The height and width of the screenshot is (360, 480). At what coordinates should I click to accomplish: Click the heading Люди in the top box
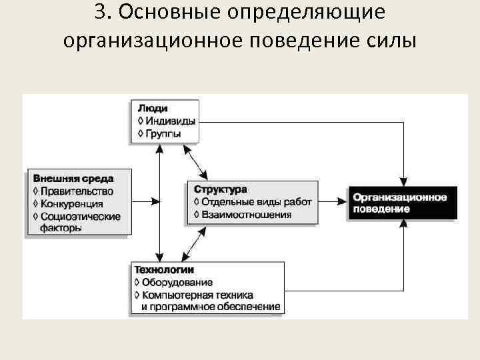(153, 107)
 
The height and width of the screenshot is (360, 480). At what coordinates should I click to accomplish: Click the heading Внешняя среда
(73, 178)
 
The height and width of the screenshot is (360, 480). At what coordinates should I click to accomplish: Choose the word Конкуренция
(71, 203)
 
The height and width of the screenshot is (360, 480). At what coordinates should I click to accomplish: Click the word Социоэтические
(80, 216)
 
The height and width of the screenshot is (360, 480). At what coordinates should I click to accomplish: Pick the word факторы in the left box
(61, 227)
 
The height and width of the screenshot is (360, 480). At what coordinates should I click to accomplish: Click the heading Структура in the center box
(219, 189)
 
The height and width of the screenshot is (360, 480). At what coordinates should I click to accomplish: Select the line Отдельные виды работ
(256, 201)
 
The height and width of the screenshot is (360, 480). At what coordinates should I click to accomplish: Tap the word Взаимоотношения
(246, 214)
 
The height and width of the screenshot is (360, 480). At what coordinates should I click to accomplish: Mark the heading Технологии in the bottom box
(164, 270)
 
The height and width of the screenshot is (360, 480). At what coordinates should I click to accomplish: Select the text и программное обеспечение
(211, 306)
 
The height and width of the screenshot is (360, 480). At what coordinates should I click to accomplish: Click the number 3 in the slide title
(101, 13)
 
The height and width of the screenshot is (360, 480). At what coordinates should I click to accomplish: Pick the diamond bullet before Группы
(139, 133)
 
